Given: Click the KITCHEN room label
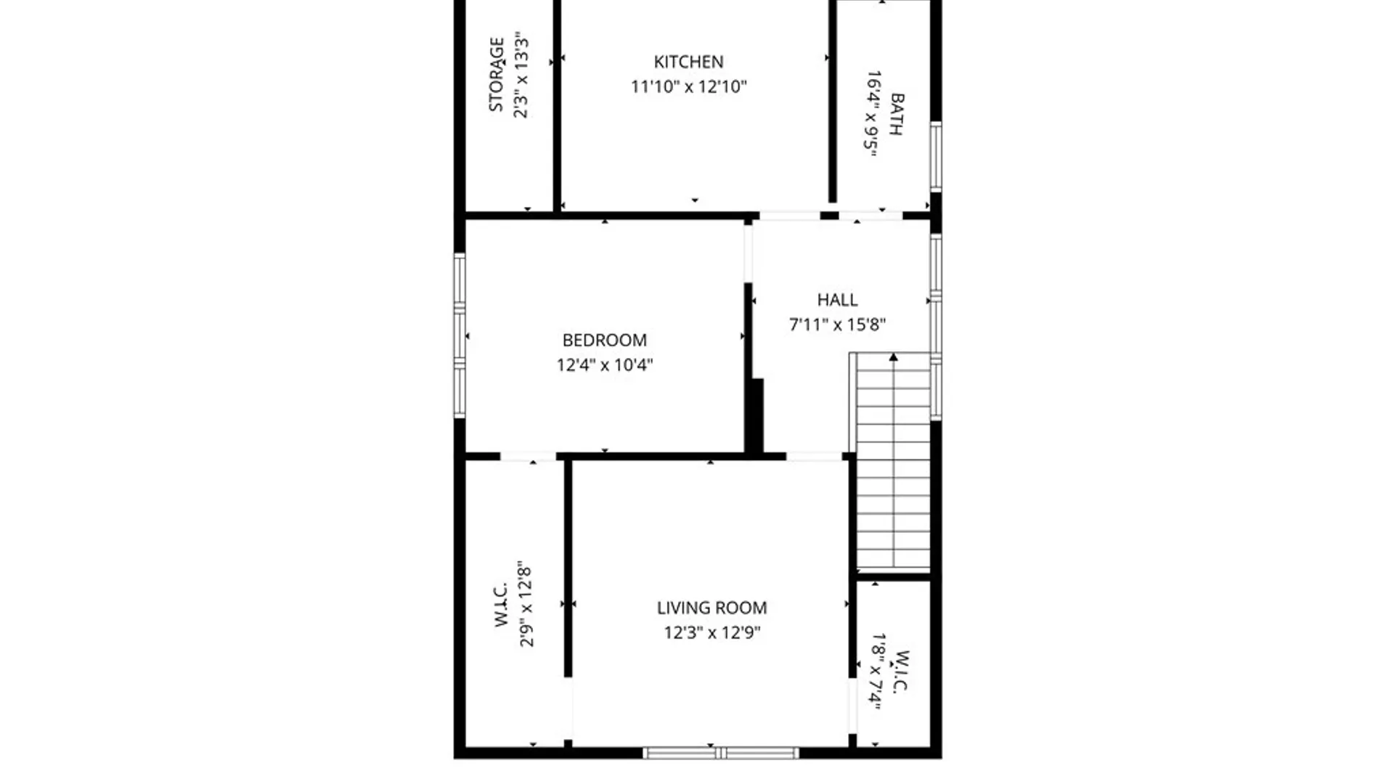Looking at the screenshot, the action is point(688,62).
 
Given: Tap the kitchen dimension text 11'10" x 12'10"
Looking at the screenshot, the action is point(688,87).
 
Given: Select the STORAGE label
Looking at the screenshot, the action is point(497,75).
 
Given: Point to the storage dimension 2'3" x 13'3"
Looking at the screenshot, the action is point(521,75).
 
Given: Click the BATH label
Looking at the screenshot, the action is point(897,114).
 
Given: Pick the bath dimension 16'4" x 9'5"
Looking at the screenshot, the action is point(872,114).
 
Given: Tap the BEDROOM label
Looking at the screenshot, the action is point(605,340).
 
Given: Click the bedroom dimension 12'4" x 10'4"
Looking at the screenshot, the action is point(605,365).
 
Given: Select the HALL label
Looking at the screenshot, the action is point(837,300).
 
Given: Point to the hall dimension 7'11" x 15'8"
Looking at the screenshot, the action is point(837,324).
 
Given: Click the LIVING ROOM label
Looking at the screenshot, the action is point(712,608).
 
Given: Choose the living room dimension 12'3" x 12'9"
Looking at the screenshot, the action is point(712,633).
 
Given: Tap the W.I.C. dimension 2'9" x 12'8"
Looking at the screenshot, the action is point(526,604).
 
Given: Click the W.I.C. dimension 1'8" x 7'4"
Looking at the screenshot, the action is point(877,671).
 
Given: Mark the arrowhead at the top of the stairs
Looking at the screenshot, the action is point(893,356).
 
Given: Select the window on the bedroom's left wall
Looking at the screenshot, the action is point(460,335).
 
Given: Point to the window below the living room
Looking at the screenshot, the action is point(721,754).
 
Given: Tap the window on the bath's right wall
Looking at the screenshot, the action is point(937,157).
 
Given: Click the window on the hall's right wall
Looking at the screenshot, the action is point(937,327).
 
